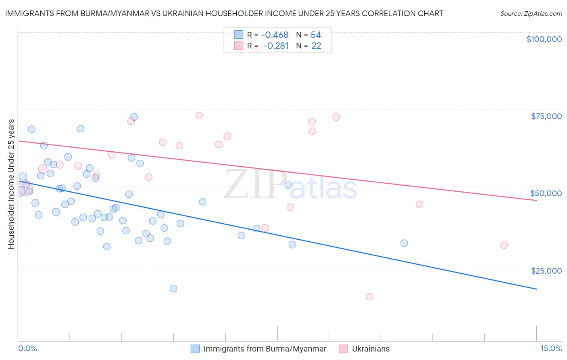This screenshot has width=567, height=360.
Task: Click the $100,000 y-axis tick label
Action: pos(544,39)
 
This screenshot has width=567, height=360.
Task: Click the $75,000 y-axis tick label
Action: pos(546,116)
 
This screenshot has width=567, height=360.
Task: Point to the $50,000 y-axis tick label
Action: pos(546,193)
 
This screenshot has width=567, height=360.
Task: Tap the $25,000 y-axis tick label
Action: pos(546,270)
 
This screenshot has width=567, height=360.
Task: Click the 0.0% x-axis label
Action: pos(27,348)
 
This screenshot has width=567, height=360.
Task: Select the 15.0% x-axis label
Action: pos(551,348)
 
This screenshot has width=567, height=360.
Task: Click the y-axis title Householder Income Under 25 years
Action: pos(11,184)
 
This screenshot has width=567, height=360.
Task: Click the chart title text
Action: pos(224,13)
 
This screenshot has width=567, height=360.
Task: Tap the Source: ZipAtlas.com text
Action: pos(531,14)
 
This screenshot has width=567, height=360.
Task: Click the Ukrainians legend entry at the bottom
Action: pos(371,349)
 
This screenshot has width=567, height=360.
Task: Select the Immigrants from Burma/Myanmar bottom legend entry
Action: pos(265,349)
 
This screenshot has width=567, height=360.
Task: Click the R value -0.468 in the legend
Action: pos(275,35)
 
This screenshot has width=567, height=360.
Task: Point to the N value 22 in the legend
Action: pos(316,46)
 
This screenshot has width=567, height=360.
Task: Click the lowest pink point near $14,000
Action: pos(369,297)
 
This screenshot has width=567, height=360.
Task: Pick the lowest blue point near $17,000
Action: pos(173,289)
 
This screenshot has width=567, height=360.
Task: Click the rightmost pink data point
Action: pos(504,245)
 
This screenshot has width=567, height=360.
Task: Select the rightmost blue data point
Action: pos(404,243)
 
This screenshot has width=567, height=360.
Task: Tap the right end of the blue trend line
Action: pos(536,289)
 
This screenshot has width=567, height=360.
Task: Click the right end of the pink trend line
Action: pos(536,200)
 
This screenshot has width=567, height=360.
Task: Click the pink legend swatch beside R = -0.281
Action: pos(239,46)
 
